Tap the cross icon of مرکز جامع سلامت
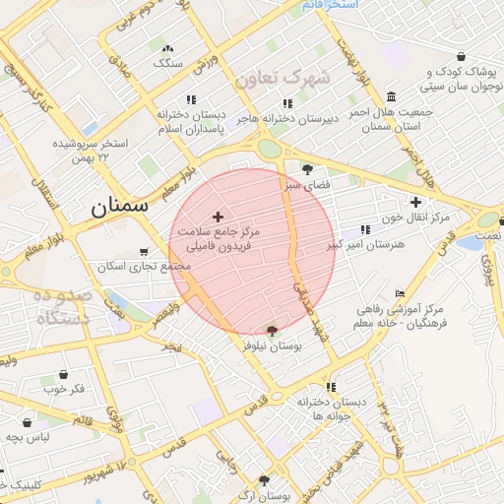click(x=218, y=216)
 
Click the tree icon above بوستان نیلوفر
click(x=272, y=332)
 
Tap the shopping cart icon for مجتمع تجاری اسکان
click(x=146, y=252)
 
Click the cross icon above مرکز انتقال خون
click(x=415, y=202)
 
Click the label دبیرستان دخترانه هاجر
click(x=287, y=117)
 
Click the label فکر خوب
click(x=65, y=389)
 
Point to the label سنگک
click(x=167, y=63)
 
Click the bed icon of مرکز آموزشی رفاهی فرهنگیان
click(x=399, y=293)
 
